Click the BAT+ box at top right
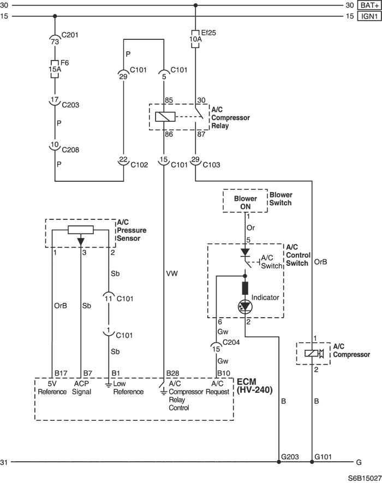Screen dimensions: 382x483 (369, 5)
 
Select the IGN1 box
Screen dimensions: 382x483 (369, 16)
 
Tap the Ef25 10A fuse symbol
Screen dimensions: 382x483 (195, 39)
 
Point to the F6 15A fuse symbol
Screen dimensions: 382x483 (55, 69)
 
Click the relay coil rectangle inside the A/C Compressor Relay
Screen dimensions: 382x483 (165, 117)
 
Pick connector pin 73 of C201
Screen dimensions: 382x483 (55, 40)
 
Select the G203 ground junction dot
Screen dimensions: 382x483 (279, 462)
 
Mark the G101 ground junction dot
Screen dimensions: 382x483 (312, 462)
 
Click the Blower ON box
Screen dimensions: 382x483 (245, 201)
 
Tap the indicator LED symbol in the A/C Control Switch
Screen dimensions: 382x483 (245, 307)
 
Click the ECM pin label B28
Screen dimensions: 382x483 (172, 373)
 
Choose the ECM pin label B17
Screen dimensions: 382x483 (61, 373)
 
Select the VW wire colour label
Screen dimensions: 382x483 (172, 273)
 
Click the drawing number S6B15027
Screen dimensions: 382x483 (365, 478)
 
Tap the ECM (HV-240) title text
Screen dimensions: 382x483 (255, 386)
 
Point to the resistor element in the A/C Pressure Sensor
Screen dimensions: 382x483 (81, 230)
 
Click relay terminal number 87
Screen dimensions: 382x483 (201, 134)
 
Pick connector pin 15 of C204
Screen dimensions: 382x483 (216, 348)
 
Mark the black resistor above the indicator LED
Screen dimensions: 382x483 (245, 288)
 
